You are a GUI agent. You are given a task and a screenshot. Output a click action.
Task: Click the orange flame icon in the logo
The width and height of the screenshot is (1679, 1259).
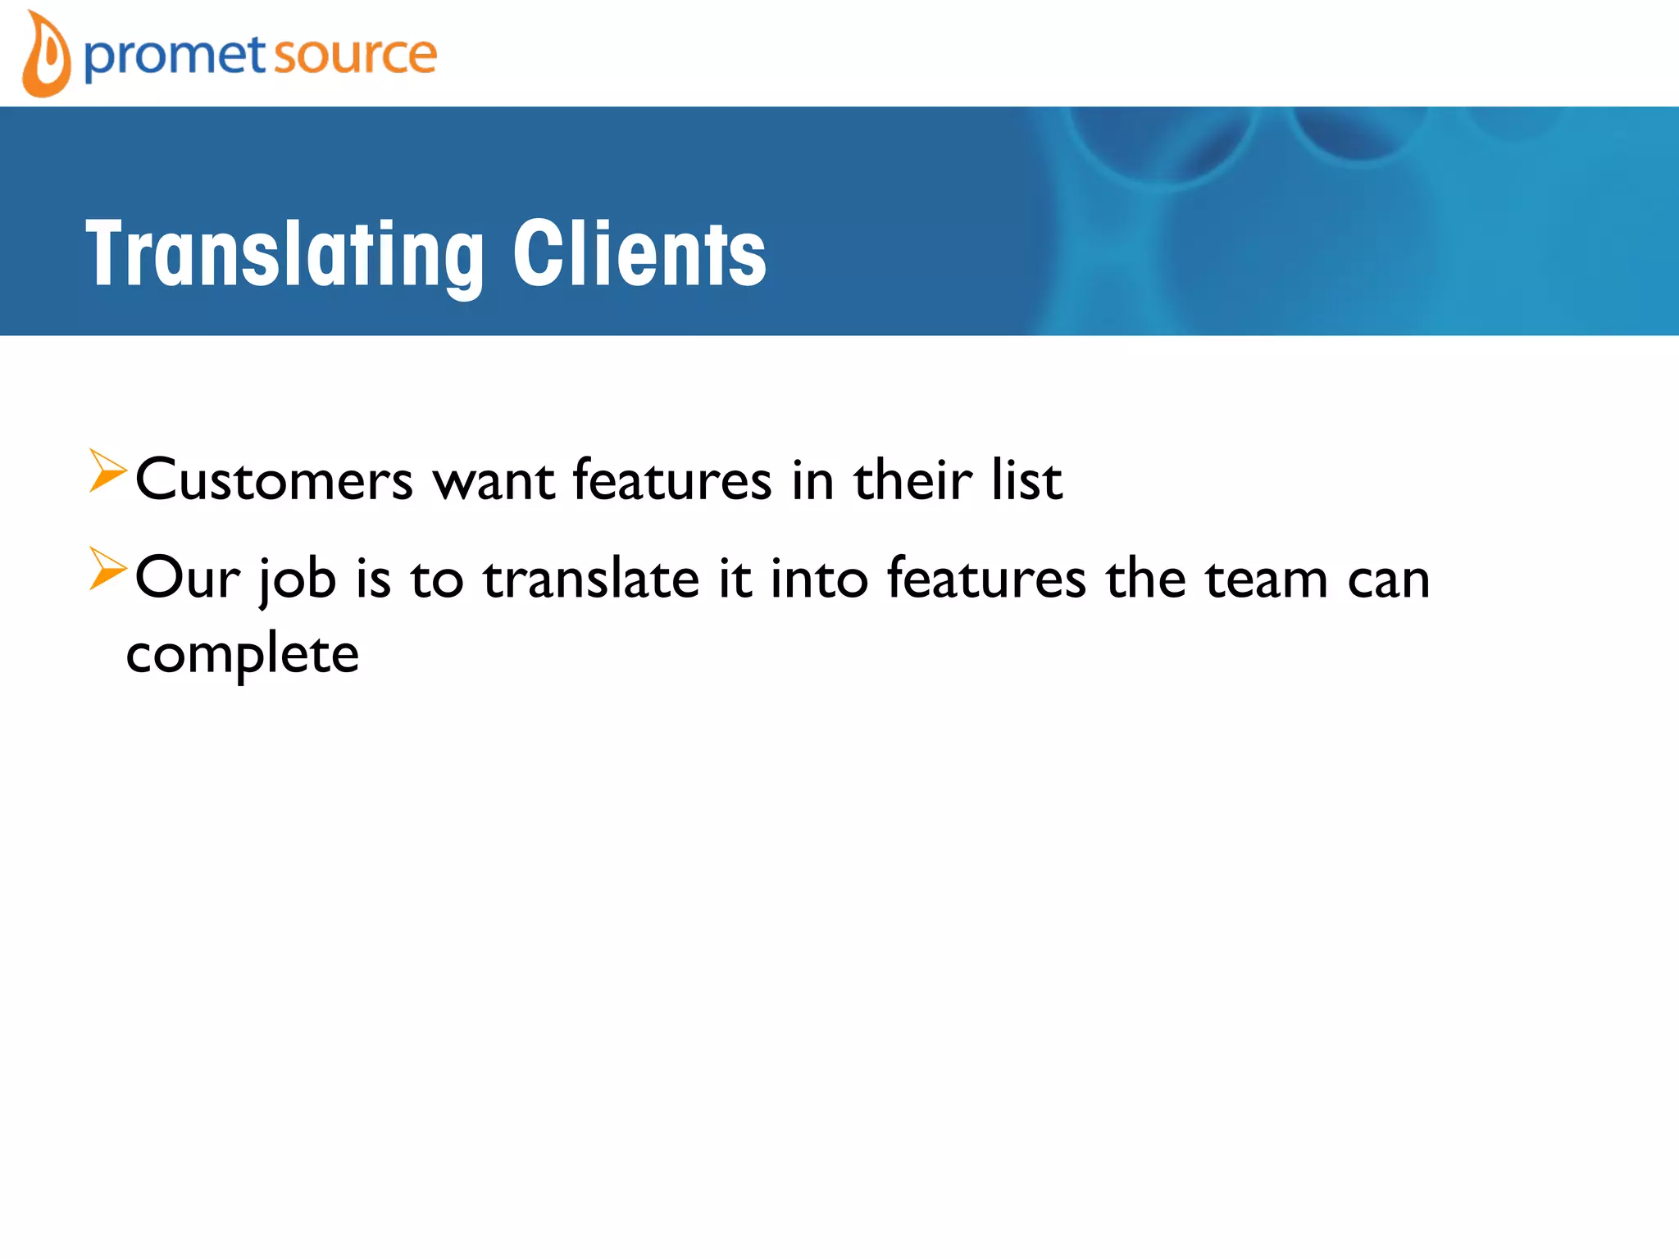pos(46,56)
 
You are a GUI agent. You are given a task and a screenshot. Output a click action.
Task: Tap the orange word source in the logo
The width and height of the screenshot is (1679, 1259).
pos(354,56)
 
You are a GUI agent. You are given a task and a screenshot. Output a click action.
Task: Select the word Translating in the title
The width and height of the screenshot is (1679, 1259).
pos(284,255)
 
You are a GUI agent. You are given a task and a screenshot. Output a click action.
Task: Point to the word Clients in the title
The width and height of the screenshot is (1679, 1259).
pos(639,255)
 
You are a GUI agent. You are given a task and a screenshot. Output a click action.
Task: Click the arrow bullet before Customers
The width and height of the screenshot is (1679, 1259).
pos(107,471)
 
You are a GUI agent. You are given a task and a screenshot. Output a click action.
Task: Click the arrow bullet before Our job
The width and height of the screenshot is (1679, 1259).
pos(107,569)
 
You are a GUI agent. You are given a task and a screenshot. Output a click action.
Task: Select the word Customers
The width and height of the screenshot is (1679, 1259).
pos(275,480)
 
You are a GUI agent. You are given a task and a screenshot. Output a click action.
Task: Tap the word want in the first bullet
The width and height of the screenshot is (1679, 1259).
pos(494,480)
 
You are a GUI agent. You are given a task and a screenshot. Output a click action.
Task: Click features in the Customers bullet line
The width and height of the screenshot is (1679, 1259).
pos(672,480)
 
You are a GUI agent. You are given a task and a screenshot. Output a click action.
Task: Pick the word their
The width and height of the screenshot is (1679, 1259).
pos(912,480)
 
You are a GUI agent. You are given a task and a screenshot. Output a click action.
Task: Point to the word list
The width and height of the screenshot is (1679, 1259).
pos(1026,480)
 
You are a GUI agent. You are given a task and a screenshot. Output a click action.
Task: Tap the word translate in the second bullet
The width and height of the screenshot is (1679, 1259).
pos(591,579)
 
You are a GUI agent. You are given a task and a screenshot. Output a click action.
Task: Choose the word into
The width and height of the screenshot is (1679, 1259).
pos(819,579)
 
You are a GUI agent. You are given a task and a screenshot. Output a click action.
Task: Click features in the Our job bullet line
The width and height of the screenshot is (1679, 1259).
pos(986,579)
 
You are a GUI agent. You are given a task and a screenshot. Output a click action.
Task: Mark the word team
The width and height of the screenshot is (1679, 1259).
pos(1266,579)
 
